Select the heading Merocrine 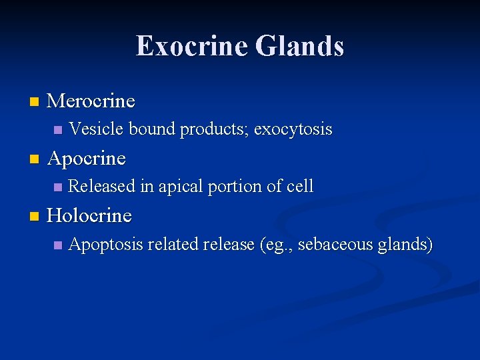(91, 101)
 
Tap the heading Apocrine (87, 159)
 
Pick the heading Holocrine (90, 216)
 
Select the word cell (299, 187)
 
